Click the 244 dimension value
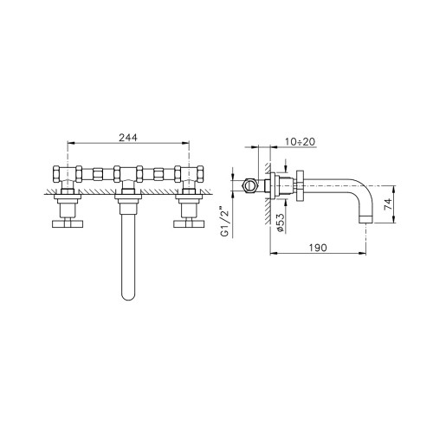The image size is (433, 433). point(128,138)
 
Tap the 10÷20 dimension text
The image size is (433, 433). point(300,142)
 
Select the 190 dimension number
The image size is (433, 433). point(318,248)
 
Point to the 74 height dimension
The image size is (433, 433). point(389,204)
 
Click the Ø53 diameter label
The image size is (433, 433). point(281,223)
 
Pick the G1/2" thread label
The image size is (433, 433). point(225,222)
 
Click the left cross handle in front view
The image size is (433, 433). point(68,224)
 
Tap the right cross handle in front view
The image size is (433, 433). point(189,224)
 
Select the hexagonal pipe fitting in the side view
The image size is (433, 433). point(249,185)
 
